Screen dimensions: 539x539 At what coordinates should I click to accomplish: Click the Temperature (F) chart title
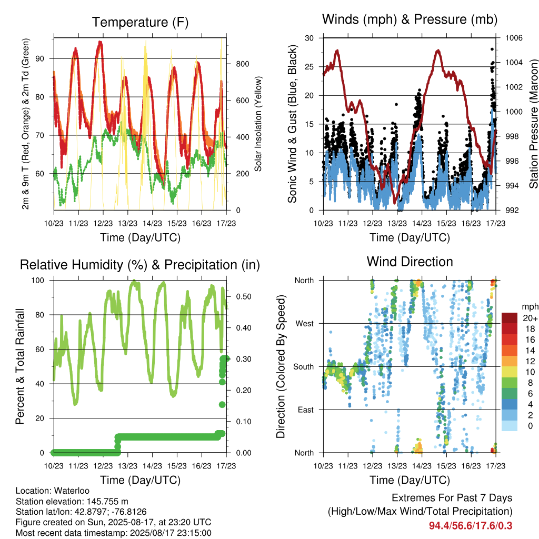tap(140, 22)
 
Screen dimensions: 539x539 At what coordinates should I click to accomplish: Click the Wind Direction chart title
tap(410, 262)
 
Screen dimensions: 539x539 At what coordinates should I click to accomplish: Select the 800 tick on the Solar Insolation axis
tap(242, 64)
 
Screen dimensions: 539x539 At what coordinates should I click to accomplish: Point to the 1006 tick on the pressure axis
tap(514, 38)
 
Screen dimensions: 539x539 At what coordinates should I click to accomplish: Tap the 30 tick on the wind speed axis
tap(310, 38)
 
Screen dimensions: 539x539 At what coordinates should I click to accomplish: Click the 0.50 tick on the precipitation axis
tap(244, 297)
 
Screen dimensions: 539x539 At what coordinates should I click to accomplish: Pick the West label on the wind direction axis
tap(305, 324)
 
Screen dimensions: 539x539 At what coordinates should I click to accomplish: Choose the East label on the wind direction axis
tap(306, 410)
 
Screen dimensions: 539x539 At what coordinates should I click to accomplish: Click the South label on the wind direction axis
tap(304, 367)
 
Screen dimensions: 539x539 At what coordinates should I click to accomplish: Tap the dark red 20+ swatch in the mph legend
tap(510, 318)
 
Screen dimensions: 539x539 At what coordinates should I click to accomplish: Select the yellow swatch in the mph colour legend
tap(510, 372)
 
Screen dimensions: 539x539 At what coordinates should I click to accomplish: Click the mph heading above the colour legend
tap(530, 307)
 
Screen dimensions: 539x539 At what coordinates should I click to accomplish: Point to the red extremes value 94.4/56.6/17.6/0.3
tap(471, 526)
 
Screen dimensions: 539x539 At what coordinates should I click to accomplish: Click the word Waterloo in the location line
tap(72, 491)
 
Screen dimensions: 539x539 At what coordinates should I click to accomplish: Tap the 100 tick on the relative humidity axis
tap(38, 281)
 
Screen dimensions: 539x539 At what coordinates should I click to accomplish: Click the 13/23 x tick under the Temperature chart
tap(127, 223)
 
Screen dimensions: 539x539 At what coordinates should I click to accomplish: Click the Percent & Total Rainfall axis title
tap(20, 366)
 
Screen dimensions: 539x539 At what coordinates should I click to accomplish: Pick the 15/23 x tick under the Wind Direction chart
tap(446, 466)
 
